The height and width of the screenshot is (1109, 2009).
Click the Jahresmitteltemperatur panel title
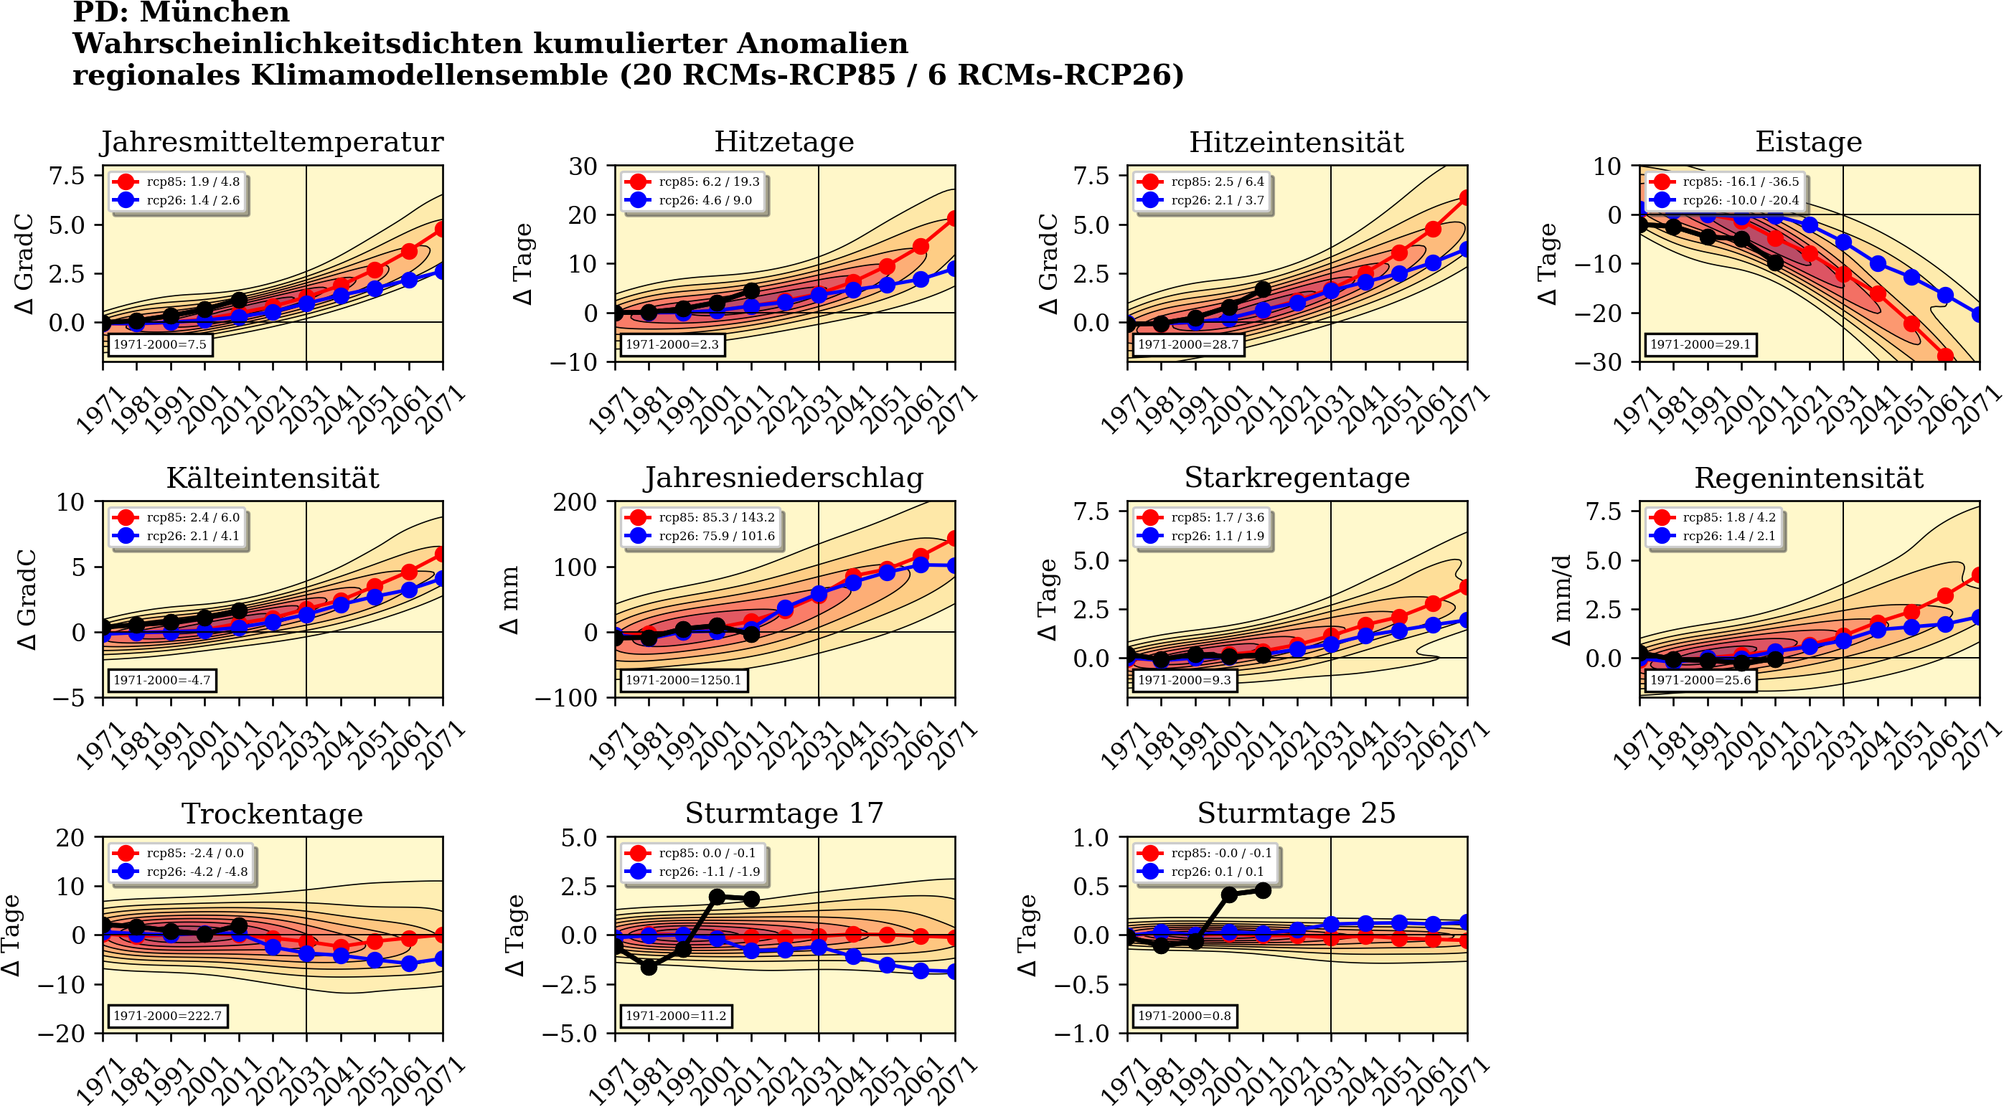click(271, 142)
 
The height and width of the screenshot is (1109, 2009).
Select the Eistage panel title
click(1808, 142)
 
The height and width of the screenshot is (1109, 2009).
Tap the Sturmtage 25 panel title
click(1297, 813)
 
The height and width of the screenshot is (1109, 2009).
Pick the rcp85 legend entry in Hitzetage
click(694, 181)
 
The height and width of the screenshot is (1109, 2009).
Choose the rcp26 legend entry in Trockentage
click(182, 872)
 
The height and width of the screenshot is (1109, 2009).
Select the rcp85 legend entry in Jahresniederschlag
click(700, 517)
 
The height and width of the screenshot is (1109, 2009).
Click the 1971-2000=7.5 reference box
click(160, 344)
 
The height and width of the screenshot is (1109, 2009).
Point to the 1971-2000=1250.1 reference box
click(682, 680)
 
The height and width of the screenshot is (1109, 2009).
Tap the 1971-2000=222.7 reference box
click(168, 1016)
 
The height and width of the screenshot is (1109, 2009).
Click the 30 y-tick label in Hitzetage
click(583, 166)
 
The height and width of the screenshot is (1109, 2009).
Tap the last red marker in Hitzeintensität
click(1465, 198)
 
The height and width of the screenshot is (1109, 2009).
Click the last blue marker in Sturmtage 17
click(954, 972)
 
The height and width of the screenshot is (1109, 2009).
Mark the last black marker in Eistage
click(1775, 263)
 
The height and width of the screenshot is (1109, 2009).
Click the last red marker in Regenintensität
click(1978, 575)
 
